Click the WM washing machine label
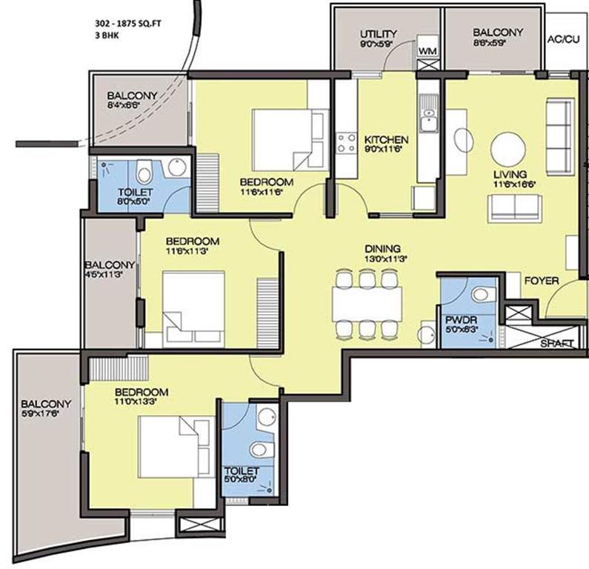[x=426, y=50]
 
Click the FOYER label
[x=541, y=282]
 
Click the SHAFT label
[x=558, y=344]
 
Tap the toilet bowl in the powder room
[x=482, y=296]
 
